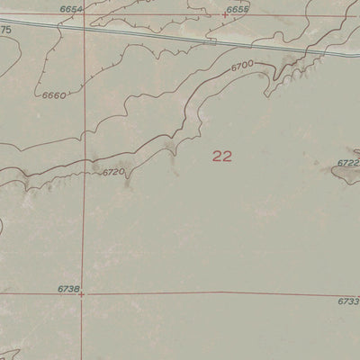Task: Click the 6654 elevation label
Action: [72, 7]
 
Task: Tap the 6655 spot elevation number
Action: [238, 9]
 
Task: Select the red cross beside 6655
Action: [225, 14]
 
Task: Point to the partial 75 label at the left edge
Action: [5, 30]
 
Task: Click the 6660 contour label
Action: [54, 94]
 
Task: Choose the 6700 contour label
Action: [242, 67]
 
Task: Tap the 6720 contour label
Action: [112, 171]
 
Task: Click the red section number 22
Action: [222, 156]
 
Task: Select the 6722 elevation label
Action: [348, 163]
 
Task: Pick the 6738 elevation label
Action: [67, 288]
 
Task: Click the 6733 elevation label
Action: [349, 301]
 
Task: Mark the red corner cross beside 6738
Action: [82, 293]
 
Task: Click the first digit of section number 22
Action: [217, 156]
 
